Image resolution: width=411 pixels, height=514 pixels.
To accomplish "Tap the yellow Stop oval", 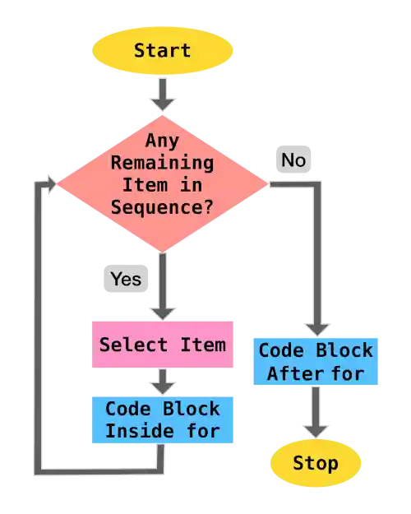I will click(x=315, y=463).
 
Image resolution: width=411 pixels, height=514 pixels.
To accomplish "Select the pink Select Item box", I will click(x=163, y=343).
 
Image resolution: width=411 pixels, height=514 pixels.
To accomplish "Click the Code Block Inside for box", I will click(x=163, y=419).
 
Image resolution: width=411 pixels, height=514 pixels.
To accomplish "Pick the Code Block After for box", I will click(x=315, y=361).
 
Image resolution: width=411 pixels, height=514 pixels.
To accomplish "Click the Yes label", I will click(x=125, y=279).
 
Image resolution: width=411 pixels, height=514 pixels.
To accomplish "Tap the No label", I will click(x=293, y=160).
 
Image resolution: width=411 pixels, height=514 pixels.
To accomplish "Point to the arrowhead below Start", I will click(x=163, y=102).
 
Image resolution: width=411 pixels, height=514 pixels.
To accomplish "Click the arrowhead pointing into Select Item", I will click(x=163, y=310).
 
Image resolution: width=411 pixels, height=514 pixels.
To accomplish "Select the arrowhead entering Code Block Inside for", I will click(x=163, y=387).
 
